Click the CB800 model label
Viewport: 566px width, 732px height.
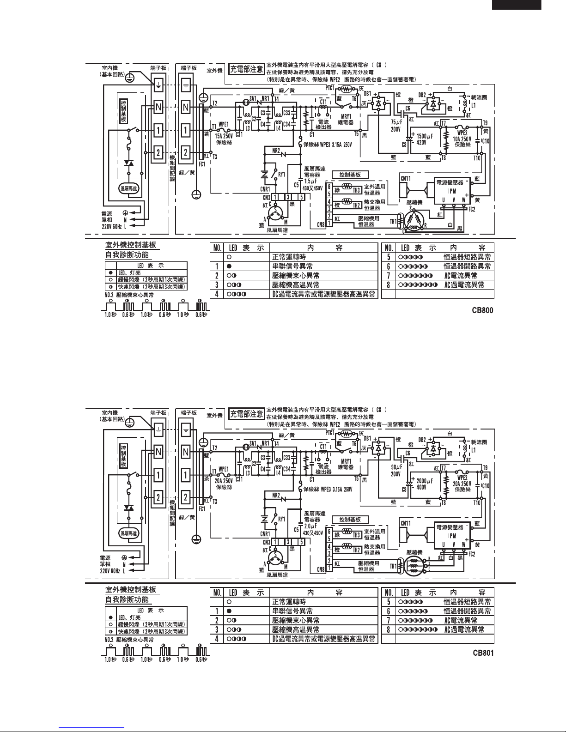coord(482,310)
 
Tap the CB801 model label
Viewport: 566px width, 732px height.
coord(482,653)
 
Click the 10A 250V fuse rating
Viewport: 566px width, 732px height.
coord(462,139)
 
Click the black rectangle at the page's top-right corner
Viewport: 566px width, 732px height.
coord(516,5)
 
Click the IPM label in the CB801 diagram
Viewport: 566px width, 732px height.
coord(454,536)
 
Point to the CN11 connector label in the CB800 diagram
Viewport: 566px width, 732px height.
coord(406,178)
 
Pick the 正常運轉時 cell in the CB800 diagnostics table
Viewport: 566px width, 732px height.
coord(289,257)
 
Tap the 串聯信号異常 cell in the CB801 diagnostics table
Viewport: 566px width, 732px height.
coord(292,611)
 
